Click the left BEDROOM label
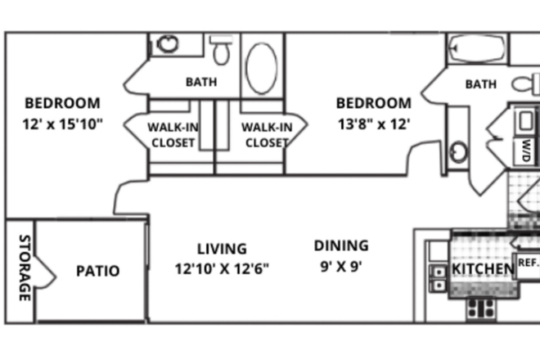tap(62, 103)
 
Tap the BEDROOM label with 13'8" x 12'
tap(374, 103)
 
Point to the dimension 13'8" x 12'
tap(374, 124)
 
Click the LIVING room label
tap(222, 248)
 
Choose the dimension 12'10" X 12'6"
tap(222, 268)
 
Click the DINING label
tap(341, 245)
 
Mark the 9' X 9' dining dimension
tap(341, 266)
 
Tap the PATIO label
tap(98, 271)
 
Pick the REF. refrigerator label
tap(528, 263)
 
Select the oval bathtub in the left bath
tap(262, 66)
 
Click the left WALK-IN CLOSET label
tap(174, 134)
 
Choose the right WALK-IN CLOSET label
tap(267, 134)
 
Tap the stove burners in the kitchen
tap(481, 308)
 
